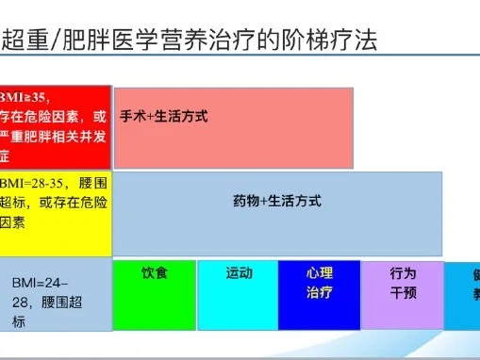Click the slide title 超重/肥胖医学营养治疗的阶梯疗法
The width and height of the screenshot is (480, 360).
point(190,40)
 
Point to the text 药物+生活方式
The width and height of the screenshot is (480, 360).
point(277,201)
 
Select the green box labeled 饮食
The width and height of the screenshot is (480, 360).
point(154,295)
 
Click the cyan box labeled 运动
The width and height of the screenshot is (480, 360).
point(238,295)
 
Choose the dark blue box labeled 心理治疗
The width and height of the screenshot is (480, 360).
point(319,295)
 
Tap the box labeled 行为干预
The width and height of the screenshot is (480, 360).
point(403,295)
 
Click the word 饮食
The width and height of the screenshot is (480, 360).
point(155,273)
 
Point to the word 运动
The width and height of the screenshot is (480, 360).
point(240,273)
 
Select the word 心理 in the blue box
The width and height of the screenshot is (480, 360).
point(320,273)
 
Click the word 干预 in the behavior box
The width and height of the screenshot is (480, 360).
point(403,292)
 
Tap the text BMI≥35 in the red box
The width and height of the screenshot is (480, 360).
point(26,97)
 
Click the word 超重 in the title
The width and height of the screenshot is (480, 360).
point(25,40)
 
